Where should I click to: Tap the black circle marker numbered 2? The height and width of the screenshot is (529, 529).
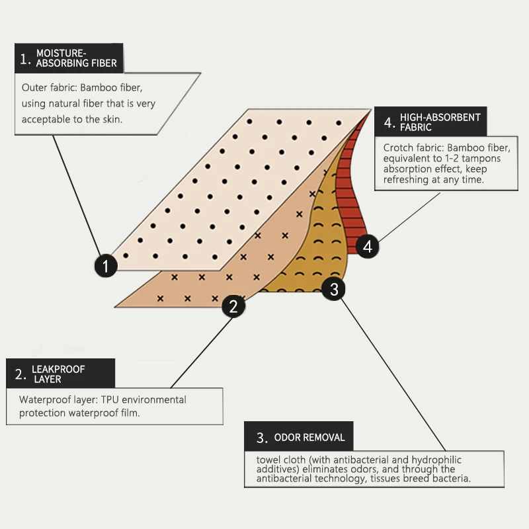point(233,305)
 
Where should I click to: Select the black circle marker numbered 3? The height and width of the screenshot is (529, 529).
point(334,289)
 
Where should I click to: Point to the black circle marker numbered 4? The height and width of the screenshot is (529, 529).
point(368,247)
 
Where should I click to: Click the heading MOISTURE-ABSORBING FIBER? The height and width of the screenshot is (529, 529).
point(76,58)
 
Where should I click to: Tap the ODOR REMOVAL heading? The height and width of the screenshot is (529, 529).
point(309,437)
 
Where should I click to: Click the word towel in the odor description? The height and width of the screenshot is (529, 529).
point(268,460)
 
